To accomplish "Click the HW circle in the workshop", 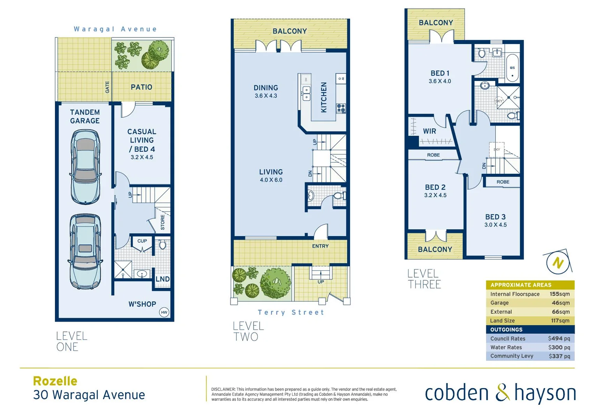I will coord(164,312).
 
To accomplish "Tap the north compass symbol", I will coord(558,263).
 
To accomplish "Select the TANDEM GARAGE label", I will coord(85,117).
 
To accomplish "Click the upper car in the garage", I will coord(85,166).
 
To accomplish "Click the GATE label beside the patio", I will coord(107,87).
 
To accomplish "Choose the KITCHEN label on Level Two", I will coord(324,97).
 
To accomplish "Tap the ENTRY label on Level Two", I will coord(320,246).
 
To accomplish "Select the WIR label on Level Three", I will coord(430,131).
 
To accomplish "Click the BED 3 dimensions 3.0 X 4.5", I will coord(495,225).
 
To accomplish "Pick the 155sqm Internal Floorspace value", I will coord(559,294).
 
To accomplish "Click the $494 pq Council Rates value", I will coord(559,339).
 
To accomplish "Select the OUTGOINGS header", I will coord(506,329).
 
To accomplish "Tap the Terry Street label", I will coord(290,312).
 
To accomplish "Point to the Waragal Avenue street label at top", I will coord(115,29).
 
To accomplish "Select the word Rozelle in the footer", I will coord(55,381).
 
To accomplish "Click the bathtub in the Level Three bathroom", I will coord(512,68).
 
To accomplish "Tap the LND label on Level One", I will coord(162,279).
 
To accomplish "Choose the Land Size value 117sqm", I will coord(560,320).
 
